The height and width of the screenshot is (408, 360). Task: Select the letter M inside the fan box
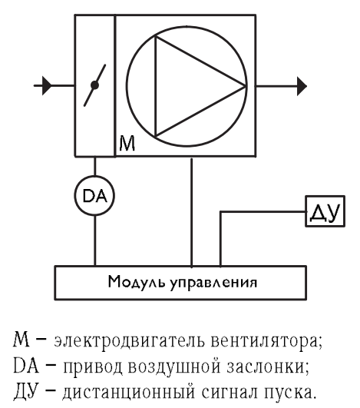coord(127,144)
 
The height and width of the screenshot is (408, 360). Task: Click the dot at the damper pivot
coord(95,85)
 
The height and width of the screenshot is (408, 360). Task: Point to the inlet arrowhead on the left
coord(47,85)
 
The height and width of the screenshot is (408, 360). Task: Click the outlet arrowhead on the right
coord(302,86)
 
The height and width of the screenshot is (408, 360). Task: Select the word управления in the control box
coord(213,283)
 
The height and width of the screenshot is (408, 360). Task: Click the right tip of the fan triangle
coord(246,86)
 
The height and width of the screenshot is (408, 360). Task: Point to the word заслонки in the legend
coord(267,367)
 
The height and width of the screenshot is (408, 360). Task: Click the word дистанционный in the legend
coord(128,392)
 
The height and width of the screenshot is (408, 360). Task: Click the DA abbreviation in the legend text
coord(26,367)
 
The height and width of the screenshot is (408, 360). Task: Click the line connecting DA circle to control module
coord(95,240)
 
